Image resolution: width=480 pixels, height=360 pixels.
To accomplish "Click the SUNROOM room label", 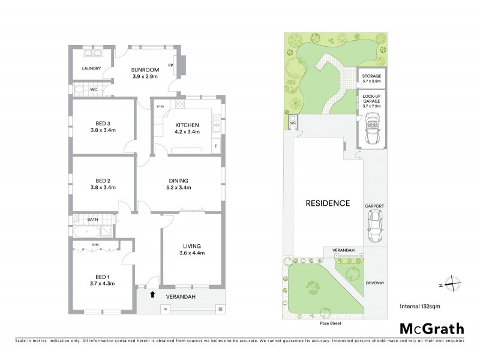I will (x=144, y=70).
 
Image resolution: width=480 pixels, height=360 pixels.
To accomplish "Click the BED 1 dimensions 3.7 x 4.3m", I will (x=101, y=283).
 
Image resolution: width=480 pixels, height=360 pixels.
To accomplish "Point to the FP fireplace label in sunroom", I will (x=171, y=65).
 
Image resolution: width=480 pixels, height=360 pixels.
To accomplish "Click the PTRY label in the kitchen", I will (x=160, y=107).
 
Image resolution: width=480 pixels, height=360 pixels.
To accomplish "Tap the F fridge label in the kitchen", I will (x=215, y=146).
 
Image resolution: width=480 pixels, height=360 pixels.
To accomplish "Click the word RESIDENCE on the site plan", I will (x=328, y=203).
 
